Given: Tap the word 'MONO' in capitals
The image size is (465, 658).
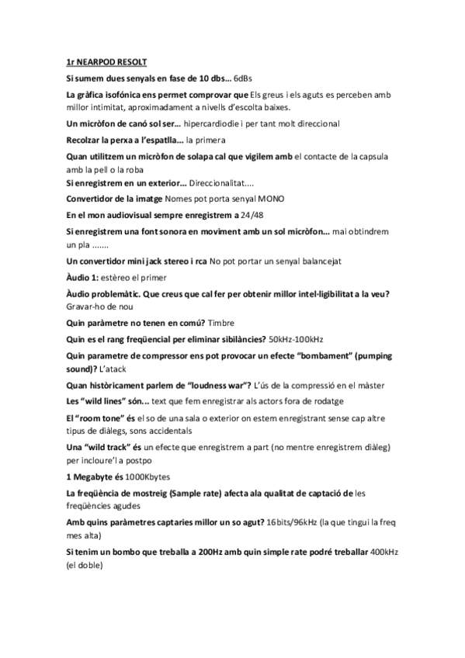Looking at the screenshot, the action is point(272,198).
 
